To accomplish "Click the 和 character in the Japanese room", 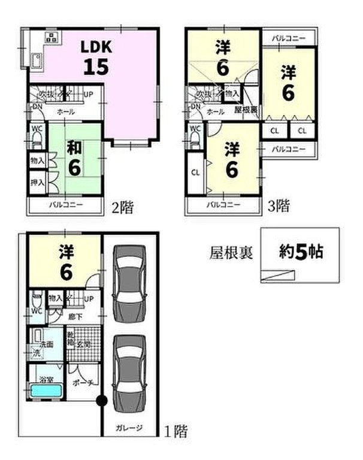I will (74, 147).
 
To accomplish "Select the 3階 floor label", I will (278, 207).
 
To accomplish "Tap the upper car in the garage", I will (129, 276).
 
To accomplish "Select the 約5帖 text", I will (302, 252).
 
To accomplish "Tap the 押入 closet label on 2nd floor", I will (37, 182).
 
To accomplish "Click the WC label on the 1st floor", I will (36, 312).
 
